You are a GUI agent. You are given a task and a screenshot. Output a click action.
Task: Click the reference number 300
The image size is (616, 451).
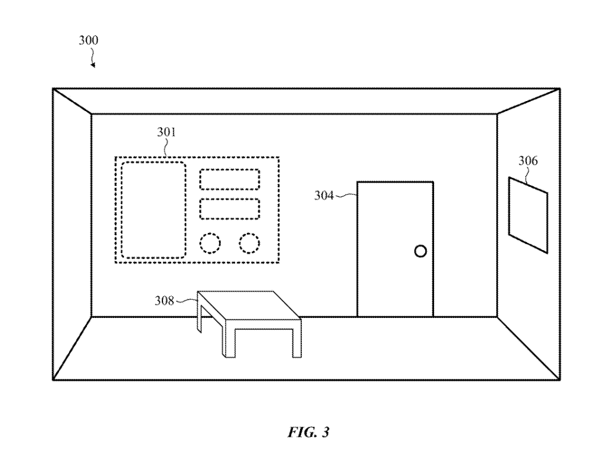pos(89,41)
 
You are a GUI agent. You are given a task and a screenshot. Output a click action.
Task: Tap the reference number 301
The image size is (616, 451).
pos(166,133)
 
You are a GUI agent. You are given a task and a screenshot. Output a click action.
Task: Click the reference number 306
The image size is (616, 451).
pos(528,161)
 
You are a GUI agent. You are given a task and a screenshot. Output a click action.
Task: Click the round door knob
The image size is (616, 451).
pos(420,251)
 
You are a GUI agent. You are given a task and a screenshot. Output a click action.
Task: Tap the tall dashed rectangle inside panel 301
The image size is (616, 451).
pos(154,210)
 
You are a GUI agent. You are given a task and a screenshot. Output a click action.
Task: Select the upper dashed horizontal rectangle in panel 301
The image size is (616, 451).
pos(229,179)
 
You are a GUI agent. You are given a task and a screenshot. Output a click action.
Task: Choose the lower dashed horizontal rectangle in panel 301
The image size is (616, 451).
pos(229,209)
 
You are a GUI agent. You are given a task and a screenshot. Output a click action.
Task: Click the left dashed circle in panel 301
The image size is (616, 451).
pos(210,242)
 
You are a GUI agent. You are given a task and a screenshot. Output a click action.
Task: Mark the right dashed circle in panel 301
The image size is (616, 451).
pos(249,242)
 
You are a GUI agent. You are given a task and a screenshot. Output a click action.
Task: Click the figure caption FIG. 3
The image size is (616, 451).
pos(308,432)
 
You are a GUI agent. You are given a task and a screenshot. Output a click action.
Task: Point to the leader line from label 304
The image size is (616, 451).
pos(347,194)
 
